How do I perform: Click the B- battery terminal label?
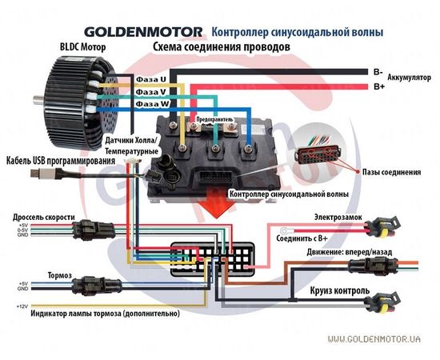(x=378, y=71)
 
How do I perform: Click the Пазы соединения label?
(x=391, y=171)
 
